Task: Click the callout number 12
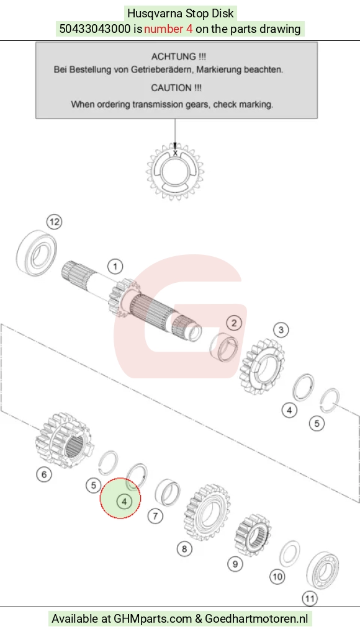tap(55, 221)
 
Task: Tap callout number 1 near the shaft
tap(115, 266)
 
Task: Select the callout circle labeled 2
tap(233, 323)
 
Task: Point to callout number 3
tap(281, 330)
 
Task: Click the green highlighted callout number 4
tap(124, 502)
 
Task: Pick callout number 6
tap(44, 474)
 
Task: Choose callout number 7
tap(155, 515)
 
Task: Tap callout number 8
tap(184, 548)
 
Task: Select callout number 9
tap(235, 564)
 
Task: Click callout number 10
tap(277, 577)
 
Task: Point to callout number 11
tap(310, 599)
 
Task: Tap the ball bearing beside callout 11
tap(323, 569)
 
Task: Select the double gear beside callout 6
tap(65, 440)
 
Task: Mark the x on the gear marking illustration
tap(175, 153)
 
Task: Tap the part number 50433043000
tap(95, 29)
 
